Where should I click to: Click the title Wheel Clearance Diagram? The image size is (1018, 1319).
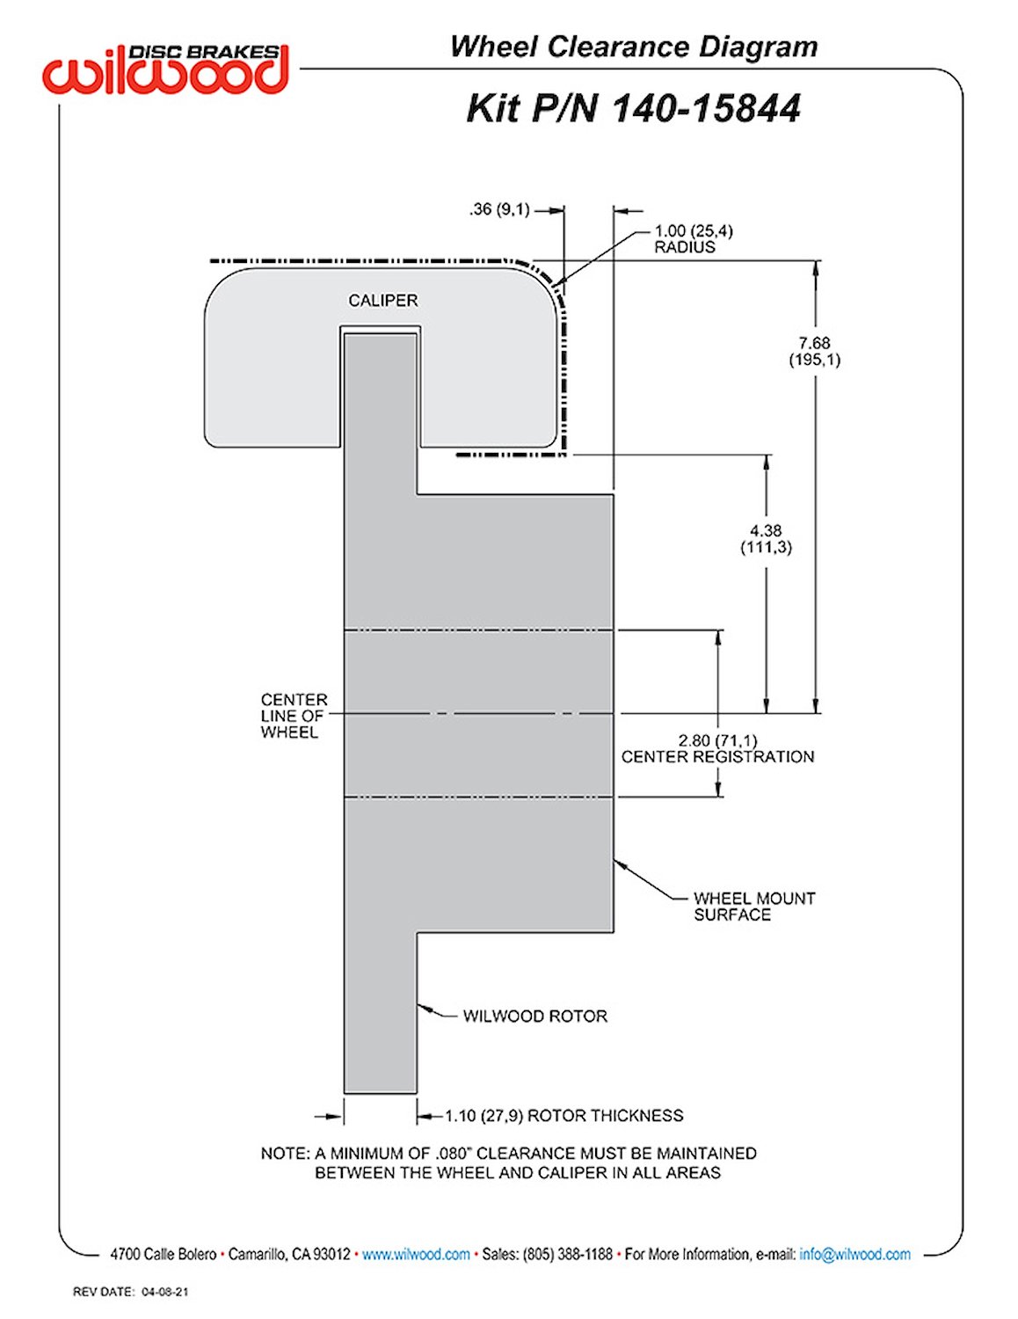pos(634,47)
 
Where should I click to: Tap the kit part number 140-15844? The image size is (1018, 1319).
pos(706,109)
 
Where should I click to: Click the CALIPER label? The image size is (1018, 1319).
pos(382,301)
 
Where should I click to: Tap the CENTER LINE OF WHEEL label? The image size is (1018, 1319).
pos(294,716)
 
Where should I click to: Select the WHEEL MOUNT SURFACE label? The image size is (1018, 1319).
pos(754,907)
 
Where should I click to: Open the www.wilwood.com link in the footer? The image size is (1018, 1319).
pos(416,1254)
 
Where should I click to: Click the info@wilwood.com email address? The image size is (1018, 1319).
pos(854,1254)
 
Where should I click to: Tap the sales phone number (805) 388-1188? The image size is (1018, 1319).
pos(566,1254)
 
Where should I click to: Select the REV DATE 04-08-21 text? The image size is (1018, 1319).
pos(130,1293)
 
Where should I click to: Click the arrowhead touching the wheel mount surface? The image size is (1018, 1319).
pos(620,864)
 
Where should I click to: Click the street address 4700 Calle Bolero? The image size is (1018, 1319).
pos(163,1254)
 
